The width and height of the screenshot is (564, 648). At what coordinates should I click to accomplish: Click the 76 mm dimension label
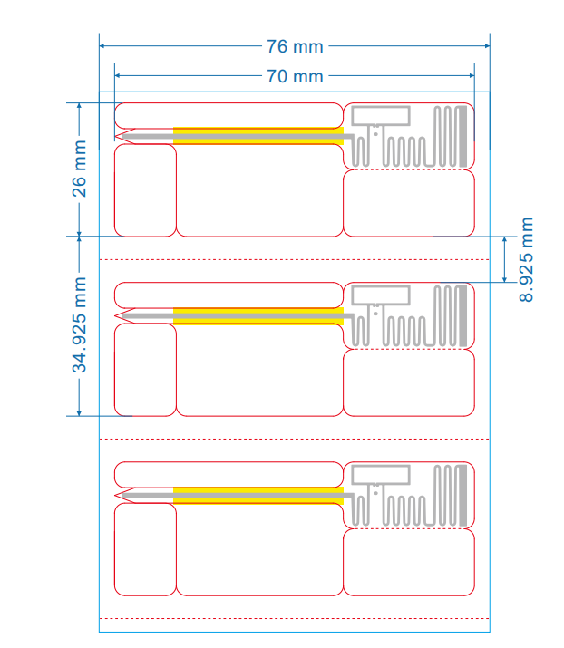pyautogui.click(x=295, y=45)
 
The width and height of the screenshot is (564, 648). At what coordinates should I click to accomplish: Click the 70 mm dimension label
pyautogui.click(x=295, y=76)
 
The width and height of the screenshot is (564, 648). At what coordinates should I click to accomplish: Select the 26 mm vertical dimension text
pyautogui.click(x=80, y=168)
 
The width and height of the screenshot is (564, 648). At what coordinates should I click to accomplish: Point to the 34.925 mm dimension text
pyautogui.click(x=80, y=326)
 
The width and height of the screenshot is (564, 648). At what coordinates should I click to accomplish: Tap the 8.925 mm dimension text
pyautogui.click(x=527, y=259)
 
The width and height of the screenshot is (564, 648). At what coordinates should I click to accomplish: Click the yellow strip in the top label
pyautogui.click(x=258, y=137)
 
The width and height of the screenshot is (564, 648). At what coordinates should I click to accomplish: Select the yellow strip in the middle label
pyautogui.click(x=258, y=316)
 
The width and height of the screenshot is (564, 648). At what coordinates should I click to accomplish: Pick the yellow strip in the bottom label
pyautogui.click(x=258, y=495)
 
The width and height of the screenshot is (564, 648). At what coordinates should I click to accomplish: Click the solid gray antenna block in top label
pyautogui.click(x=465, y=136)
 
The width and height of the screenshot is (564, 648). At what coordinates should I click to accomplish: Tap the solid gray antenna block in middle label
pyautogui.click(x=465, y=315)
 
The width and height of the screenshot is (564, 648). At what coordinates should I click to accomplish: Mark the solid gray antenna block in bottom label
pyautogui.click(x=465, y=494)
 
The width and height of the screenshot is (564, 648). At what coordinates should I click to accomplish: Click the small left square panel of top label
pyautogui.click(x=145, y=190)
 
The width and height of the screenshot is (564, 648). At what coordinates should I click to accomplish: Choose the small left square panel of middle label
pyautogui.click(x=145, y=370)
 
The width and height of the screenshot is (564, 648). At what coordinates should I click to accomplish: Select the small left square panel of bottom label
pyautogui.click(x=145, y=549)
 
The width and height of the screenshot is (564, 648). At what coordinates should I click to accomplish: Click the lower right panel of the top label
pyautogui.click(x=409, y=203)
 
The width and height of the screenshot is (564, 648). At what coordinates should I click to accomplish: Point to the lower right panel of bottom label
pyautogui.click(x=409, y=562)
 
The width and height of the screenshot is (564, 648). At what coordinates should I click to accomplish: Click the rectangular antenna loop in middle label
pyautogui.click(x=380, y=295)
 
